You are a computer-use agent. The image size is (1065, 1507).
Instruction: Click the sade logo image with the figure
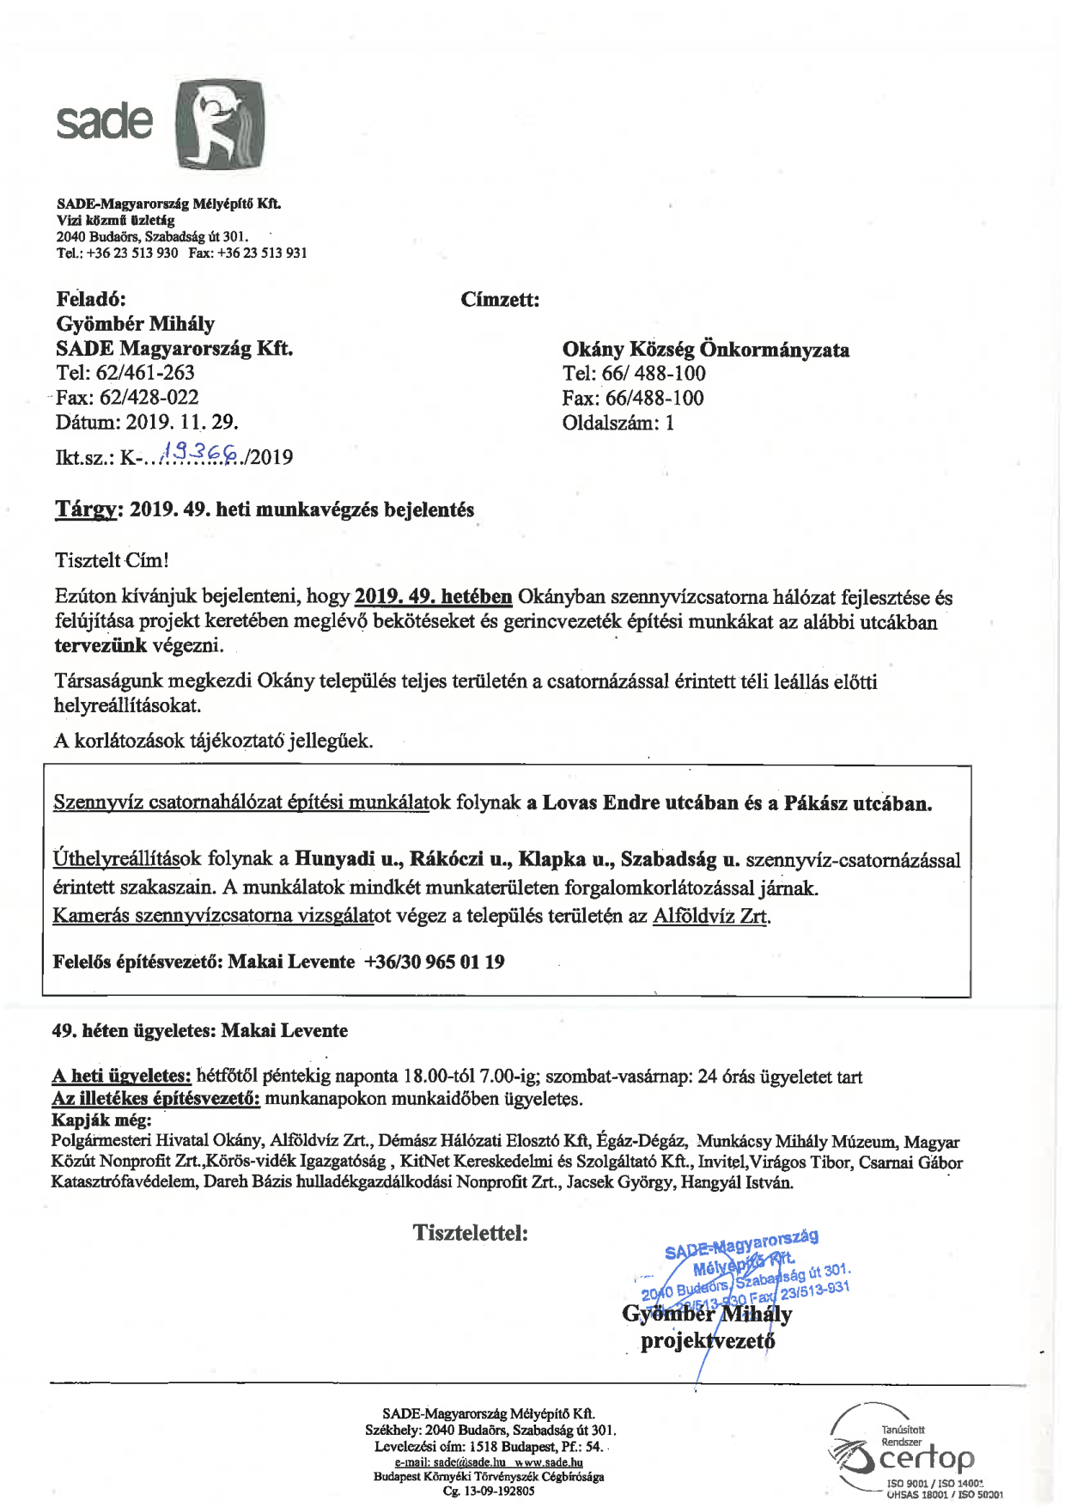(220, 125)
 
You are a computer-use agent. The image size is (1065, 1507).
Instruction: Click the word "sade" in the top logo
(104, 121)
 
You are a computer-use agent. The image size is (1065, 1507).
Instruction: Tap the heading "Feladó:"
(91, 299)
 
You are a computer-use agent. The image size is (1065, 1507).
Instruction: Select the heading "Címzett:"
(500, 300)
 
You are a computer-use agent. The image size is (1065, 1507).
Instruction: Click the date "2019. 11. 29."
(182, 422)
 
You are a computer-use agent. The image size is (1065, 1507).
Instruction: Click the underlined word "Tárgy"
(85, 509)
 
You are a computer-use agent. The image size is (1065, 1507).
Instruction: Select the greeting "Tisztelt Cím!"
(112, 560)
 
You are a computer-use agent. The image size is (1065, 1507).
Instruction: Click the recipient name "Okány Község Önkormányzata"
(705, 349)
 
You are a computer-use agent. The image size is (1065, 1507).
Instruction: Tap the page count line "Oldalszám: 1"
(618, 423)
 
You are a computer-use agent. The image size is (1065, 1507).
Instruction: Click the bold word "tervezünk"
(100, 645)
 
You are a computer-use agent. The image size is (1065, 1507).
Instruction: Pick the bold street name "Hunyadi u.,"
(348, 858)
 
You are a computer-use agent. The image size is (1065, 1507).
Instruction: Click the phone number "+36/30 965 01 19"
(435, 961)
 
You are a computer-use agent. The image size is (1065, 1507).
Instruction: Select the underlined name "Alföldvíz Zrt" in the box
(709, 916)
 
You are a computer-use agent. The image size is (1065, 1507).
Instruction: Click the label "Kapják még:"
(101, 1120)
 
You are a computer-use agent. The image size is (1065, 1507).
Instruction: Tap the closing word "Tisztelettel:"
(470, 1233)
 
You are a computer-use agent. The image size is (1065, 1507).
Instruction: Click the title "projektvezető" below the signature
(707, 1341)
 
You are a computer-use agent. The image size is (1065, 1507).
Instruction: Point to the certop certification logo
(916, 1457)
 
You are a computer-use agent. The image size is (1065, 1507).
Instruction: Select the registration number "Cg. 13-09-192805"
(489, 1492)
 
